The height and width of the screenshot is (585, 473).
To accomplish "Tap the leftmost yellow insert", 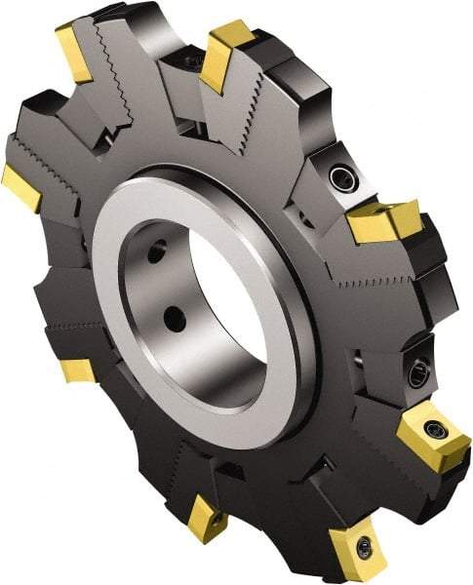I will point(20,188).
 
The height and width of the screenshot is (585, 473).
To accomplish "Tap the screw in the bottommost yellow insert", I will point(364,550).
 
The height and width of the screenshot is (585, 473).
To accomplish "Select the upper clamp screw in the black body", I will point(341,177).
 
